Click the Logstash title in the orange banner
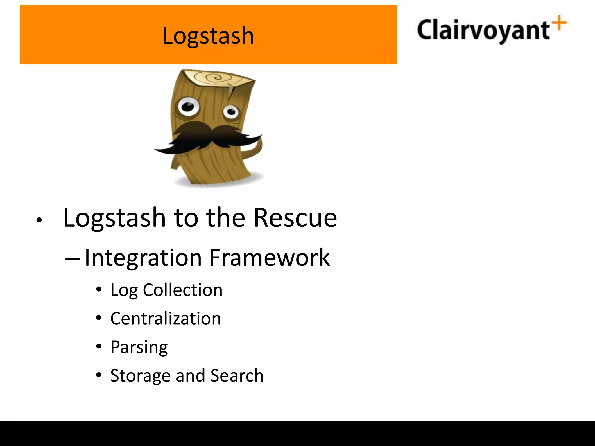208,36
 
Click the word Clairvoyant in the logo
483,30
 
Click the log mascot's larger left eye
188,107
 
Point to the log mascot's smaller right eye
231,111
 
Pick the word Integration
143,258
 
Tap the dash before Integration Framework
72,258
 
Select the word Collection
182,290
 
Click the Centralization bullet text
166,318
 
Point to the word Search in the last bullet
237,375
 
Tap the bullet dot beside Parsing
99,346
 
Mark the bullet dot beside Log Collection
99,289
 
